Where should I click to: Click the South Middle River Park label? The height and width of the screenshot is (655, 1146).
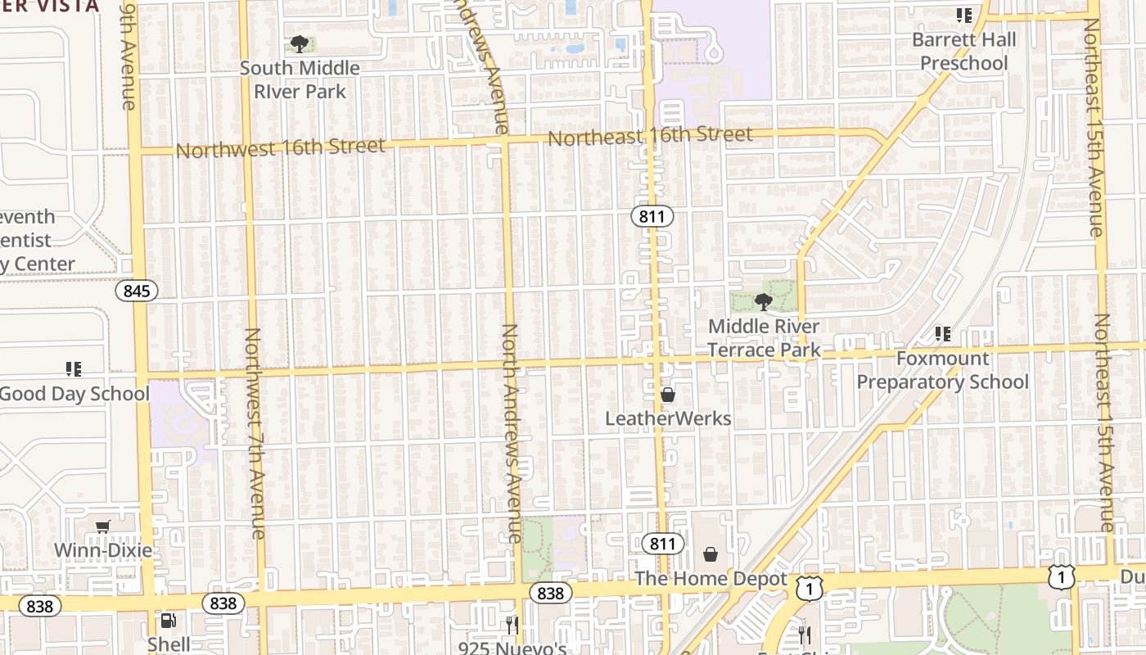pyautogui.click(x=300, y=79)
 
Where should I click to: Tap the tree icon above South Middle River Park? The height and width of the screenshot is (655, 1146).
pyautogui.click(x=300, y=43)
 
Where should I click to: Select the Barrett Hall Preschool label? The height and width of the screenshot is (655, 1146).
pyautogui.click(x=964, y=51)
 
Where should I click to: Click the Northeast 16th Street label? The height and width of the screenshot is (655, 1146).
pyautogui.click(x=650, y=136)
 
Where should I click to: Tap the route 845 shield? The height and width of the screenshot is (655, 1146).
pyautogui.click(x=136, y=291)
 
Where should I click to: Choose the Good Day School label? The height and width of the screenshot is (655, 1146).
pyautogui.click(x=74, y=393)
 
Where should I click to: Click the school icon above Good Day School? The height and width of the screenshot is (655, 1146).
pyautogui.click(x=74, y=369)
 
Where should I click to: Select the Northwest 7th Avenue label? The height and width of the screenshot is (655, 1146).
pyautogui.click(x=254, y=433)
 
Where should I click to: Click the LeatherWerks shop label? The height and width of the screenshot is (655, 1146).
pyautogui.click(x=668, y=418)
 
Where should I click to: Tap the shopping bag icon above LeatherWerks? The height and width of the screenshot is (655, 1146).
pyautogui.click(x=668, y=395)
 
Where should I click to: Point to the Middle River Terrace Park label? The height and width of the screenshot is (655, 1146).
pyautogui.click(x=764, y=338)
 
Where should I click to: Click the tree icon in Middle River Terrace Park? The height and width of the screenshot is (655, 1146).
pyautogui.click(x=764, y=302)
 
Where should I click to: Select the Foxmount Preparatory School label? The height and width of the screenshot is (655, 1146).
pyautogui.click(x=942, y=370)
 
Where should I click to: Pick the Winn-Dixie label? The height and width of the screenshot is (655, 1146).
pyautogui.click(x=103, y=549)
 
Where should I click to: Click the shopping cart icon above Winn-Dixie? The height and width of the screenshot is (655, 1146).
pyautogui.click(x=103, y=526)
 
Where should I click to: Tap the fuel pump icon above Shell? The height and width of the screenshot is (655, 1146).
pyautogui.click(x=168, y=621)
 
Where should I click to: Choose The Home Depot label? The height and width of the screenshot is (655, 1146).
pyautogui.click(x=711, y=579)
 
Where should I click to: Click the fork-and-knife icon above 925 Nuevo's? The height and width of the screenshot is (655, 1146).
pyautogui.click(x=512, y=626)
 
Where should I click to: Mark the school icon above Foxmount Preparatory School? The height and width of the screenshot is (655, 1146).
pyautogui.click(x=943, y=334)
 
